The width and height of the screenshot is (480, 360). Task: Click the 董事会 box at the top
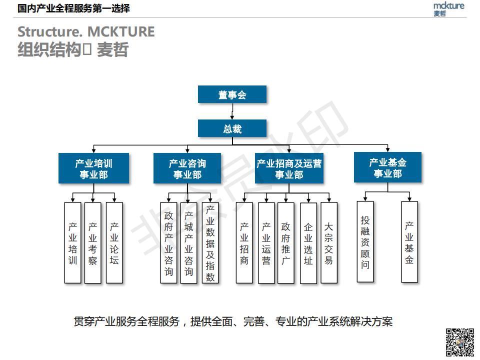[232, 94]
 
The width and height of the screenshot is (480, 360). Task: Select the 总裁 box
[232, 128]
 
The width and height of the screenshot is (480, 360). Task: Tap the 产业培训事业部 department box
[93, 168]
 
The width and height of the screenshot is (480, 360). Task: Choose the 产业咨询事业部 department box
[187, 168]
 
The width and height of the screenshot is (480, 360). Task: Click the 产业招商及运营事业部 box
[289, 168]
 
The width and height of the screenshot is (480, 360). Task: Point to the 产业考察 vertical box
[92, 243]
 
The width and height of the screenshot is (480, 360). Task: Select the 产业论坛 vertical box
[114, 243]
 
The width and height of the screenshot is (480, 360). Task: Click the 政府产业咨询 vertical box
[168, 243]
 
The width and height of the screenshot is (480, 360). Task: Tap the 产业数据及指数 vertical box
[210, 243]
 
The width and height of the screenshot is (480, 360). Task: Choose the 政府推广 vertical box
[285, 243]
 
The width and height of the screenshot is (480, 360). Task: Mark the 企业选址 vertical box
[308, 243]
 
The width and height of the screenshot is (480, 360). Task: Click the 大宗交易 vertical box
[328, 243]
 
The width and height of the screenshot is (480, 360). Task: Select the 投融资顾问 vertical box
[365, 242]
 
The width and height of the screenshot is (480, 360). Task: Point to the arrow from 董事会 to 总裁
[232, 111]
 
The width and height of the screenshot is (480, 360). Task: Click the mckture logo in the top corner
[448, 8]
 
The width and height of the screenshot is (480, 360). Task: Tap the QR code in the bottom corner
[460, 342]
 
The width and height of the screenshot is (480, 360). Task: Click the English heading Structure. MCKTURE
[86, 31]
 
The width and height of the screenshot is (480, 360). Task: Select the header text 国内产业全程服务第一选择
[73, 8]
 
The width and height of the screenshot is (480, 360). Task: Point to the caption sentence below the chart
[233, 321]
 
